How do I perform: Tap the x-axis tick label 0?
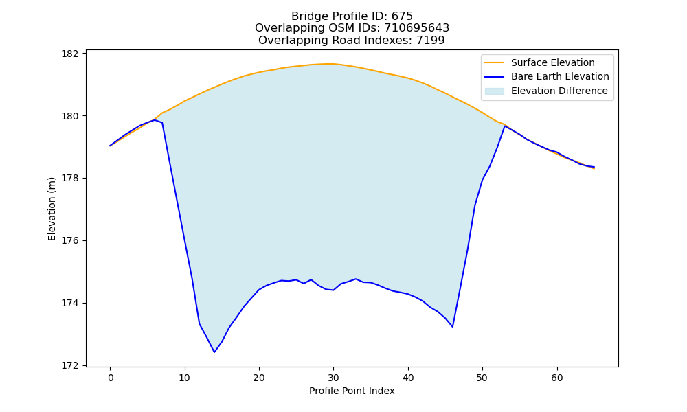tap(111, 378)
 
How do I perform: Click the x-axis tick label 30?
tap(333, 378)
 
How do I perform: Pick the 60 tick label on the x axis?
tap(557, 378)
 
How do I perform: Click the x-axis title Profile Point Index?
tap(352, 391)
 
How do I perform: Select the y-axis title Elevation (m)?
tap(52, 209)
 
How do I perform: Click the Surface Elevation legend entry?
tap(552, 62)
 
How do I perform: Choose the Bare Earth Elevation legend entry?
tap(560, 77)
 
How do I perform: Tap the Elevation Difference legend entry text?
tap(559, 91)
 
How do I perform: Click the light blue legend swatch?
tap(494, 91)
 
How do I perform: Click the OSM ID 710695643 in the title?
tap(417, 28)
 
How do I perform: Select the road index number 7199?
tap(431, 41)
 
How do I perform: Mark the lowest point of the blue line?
tap(214, 352)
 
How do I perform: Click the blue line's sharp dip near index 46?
tap(452, 327)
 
